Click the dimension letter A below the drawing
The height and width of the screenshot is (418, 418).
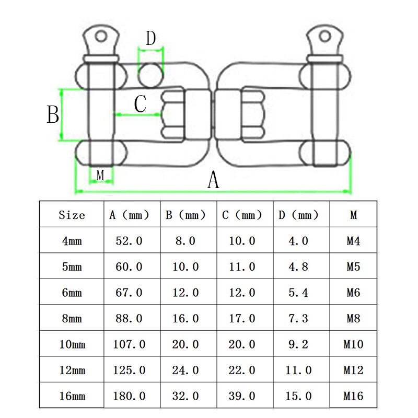[x=213, y=180]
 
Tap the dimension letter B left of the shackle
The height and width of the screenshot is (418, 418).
[x=53, y=114]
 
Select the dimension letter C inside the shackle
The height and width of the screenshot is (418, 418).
[x=140, y=103]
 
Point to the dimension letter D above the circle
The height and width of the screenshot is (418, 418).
[x=150, y=38]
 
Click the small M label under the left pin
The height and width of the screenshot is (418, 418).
[x=101, y=175]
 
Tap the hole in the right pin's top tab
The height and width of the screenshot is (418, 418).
[x=325, y=36]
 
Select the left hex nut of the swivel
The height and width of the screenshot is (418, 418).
[x=172, y=114]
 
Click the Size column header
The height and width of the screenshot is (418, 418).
[x=72, y=215]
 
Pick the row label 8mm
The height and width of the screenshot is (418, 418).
[x=72, y=318]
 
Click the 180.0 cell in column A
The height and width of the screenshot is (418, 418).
[x=129, y=396]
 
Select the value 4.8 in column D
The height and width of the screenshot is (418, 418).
[x=298, y=266]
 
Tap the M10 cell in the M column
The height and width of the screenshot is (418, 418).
[x=354, y=344]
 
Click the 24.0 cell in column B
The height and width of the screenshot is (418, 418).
[x=185, y=370]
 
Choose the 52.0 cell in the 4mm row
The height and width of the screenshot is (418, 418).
[x=129, y=241]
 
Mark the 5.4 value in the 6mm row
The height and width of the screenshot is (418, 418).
[x=298, y=293]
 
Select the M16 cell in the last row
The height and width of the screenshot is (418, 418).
[x=354, y=396]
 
